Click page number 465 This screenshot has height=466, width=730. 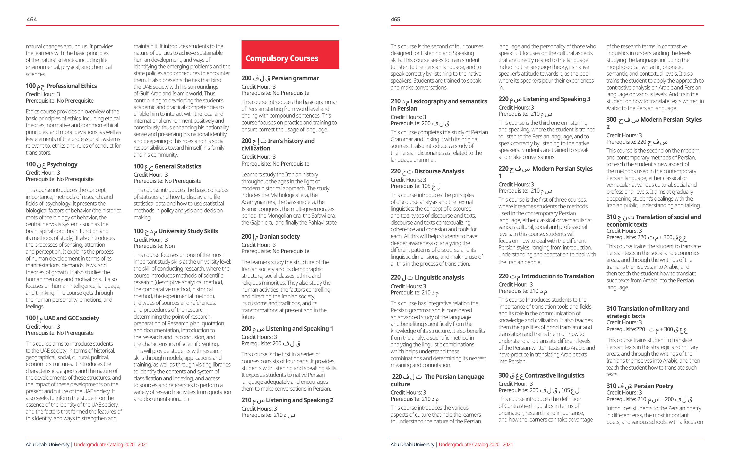pyautogui.click(x=395, y=19)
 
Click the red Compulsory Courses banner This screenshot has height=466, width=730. pyautogui.click(x=290, y=55)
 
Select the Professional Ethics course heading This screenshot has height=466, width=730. pyautogui.click(x=61, y=86)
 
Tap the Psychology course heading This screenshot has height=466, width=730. pyautogui.click(x=51, y=164)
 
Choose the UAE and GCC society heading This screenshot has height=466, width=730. pyautogui.click(x=63, y=318)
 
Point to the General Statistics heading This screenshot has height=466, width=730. pyautogui.click(x=167, y=166)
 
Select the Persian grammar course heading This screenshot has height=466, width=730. pyautogui.click(x=280, y=78)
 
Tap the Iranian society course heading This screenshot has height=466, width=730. pyautogui.click(x=270, y=237)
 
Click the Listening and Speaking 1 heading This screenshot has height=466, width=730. pyautogui.click(x=287, y=328)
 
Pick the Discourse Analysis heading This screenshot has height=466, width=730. pyautogui.click(x=427, y=171)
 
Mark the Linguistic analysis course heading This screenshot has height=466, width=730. pyautogui.click(x=427, y=277)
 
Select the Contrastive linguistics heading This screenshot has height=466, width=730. pyautogui.click(x=541, y=375)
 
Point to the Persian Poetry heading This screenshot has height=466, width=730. pyautogui.click(x=640, y=386)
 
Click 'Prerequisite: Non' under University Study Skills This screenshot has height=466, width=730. pyautogui.click(x=154, y=246)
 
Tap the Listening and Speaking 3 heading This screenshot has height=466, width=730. pyautogui.click(x=544, y=99)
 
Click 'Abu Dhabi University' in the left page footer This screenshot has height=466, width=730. pyautogui.click(x=48, y=444)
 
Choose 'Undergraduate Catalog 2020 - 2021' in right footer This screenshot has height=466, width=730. pyautogui.click(x=475, y=444)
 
